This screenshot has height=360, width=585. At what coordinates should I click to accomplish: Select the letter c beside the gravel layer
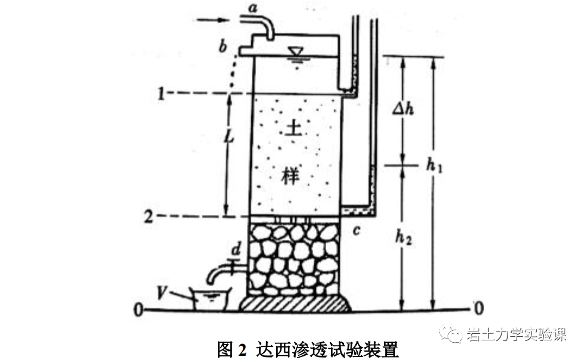coord(355,230)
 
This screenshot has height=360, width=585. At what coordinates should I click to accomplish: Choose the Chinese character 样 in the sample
coord(290,177)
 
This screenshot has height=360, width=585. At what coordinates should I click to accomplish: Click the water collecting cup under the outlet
coord(211,298)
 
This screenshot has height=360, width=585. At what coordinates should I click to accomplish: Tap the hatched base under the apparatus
coord(294,303)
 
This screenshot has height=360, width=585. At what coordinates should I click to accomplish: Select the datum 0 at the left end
coord(138,309)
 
